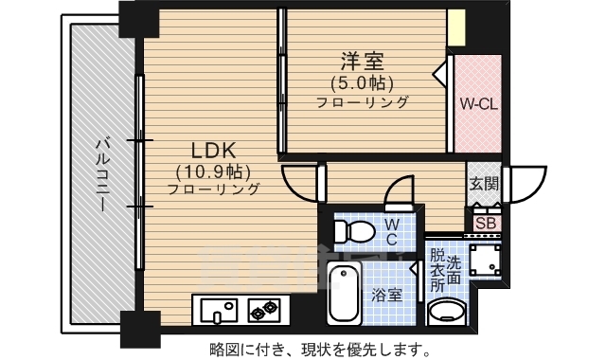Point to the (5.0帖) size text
[361, 81]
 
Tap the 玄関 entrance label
[483, 184]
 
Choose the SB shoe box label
[487, 224]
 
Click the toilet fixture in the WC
[357, 230]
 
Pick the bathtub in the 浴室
[343, 293]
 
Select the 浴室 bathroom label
[386, 295]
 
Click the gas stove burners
[264, 309]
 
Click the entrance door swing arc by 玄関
[529, 181]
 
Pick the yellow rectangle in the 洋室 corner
[457, 27]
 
